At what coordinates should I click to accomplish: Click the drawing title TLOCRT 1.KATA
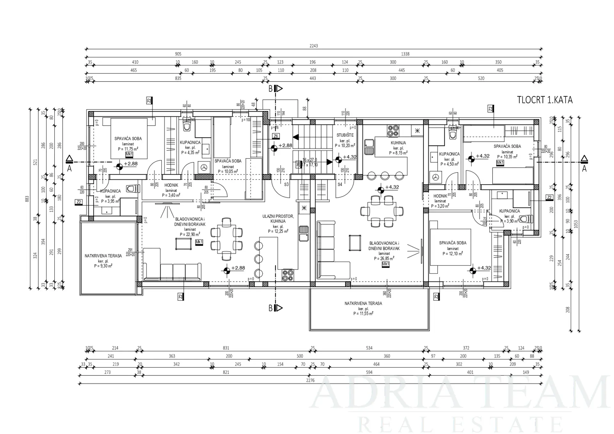545,100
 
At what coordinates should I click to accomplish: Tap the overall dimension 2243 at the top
313,46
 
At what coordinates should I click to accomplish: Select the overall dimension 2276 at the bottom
310,380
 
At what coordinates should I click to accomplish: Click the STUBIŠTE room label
345,135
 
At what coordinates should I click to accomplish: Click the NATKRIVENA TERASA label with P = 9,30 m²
103,256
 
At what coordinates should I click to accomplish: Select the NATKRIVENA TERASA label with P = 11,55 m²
363,303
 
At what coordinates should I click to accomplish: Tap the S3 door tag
286,185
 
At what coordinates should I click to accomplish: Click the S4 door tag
340,185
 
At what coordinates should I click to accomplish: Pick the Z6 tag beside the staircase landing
276,136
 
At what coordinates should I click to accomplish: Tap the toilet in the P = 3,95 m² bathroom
131,189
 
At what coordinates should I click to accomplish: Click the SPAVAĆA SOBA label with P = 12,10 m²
453,243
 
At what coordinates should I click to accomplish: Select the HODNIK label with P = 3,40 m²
171,185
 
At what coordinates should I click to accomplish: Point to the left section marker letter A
69,169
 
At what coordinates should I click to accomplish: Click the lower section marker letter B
271,308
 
